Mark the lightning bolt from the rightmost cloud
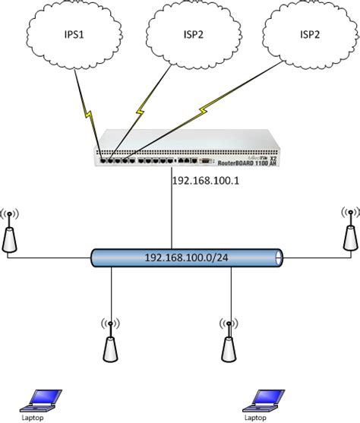[204, 111]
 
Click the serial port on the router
[205, 161]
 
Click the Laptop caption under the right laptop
[259, 416]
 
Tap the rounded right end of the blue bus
[282, 257]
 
